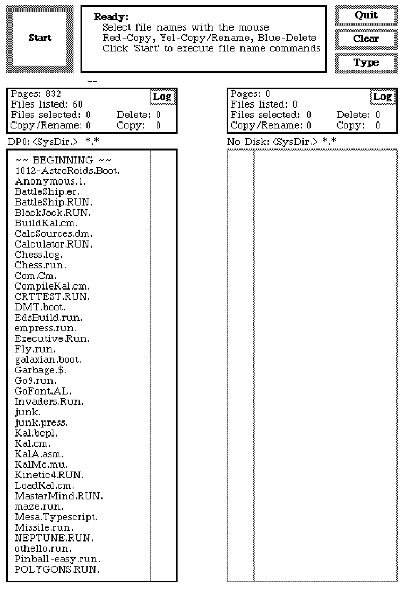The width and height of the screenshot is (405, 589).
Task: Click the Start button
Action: (40, 39)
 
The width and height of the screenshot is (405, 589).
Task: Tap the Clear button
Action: (366, 39)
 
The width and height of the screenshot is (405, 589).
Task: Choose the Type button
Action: (366, 63)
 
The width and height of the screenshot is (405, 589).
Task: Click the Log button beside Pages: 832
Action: (162, 97)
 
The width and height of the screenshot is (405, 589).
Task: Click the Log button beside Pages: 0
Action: (382, 97)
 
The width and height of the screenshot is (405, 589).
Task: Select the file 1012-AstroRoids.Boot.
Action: (67, 171)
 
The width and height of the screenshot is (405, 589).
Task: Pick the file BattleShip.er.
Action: (47, 192)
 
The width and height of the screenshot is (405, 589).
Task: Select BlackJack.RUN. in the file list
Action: (53, 213)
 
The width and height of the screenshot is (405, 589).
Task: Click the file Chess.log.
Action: (38, 255)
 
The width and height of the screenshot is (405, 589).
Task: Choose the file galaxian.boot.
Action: (48, 360)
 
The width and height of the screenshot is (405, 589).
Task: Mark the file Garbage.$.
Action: (40, 371)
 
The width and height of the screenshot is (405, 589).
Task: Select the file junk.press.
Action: (41, 423)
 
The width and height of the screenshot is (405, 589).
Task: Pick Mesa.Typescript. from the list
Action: (56, 517)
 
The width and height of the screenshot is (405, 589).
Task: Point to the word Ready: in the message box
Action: (111, 17)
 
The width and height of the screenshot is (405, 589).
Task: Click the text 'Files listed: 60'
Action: (47, 105)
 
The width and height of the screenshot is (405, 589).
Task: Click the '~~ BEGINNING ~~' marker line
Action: (63, 160)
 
